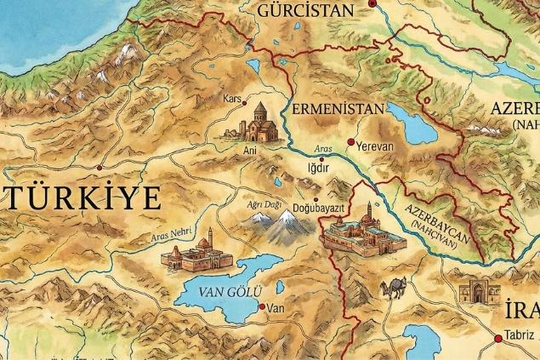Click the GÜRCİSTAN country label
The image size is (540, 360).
point(304,10)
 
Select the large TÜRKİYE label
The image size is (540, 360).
point(82,198)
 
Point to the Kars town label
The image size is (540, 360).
point(232,99)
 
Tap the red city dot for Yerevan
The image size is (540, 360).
point(350,142)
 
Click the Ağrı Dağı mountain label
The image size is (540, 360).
point(263,205)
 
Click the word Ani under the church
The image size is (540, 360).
point(250,150)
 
